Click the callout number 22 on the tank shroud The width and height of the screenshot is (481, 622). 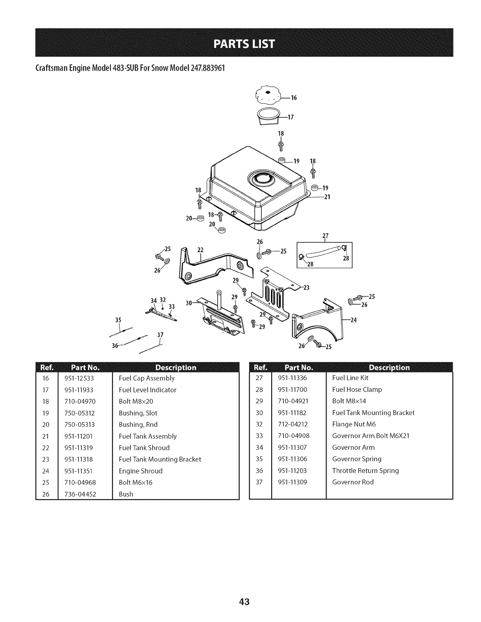tap(200, 250)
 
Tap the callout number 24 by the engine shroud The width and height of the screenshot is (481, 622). tap(353, 320)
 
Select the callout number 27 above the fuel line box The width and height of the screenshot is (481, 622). tap(325, 236)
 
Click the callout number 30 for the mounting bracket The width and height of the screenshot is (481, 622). tap(188, 302)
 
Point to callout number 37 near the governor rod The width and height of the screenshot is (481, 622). tap(160, 335)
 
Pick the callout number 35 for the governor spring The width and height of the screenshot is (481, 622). tap(117, 320)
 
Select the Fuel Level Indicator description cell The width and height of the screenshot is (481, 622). tap(147, 390)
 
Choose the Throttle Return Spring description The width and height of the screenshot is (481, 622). tap(365, 470)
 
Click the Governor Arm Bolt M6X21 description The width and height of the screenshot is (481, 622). tap(371, 435)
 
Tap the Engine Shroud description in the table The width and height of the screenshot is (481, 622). tap(140, 471)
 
